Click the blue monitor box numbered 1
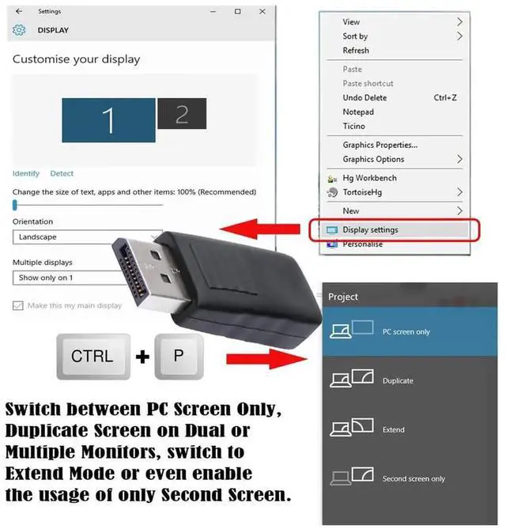109,120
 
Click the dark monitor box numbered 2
182,114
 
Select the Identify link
25,173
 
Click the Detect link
62,173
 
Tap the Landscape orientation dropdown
79,236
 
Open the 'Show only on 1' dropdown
79,278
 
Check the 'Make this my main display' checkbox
18,305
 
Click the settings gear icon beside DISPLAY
20,30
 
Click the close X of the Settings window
261,12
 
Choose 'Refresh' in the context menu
356,51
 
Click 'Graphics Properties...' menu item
379,145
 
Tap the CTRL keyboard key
92,356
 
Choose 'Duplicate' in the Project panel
398,380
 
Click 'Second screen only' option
413,478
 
